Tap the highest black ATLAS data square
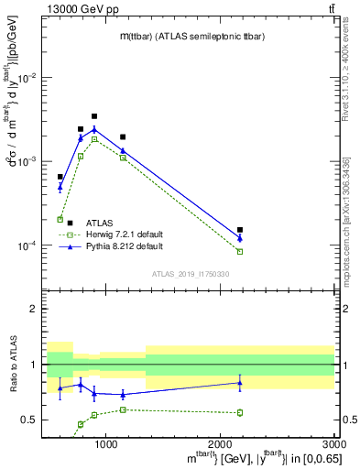coord(94,116)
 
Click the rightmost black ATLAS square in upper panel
coord(240,230)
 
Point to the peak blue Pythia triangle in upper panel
coord(94,129)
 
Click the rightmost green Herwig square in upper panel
coord(240,251)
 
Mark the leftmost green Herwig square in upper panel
coord(60,220)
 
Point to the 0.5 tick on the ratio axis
coord(30,420)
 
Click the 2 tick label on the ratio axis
coord(34,310)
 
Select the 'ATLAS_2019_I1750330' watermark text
coord(190,273)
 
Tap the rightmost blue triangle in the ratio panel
coord(240,383)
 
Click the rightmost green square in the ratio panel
coord(240,412)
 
